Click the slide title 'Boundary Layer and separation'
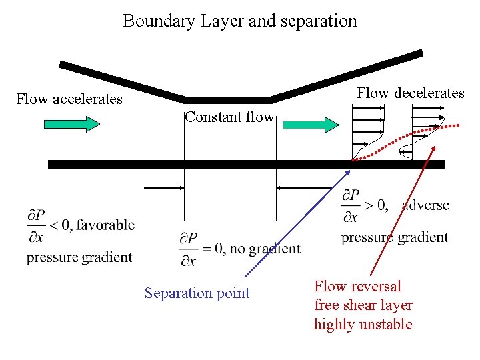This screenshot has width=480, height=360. point(239,21)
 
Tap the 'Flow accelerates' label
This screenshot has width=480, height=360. point(69,99)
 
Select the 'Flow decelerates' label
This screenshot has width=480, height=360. point(410,93)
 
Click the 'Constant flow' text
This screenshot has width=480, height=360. point(229,117)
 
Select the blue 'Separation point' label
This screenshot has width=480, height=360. point(197,293)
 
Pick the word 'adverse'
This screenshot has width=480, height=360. point(425,205)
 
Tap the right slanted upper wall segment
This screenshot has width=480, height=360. point(347,75)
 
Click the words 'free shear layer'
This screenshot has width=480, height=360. point(363,305)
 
